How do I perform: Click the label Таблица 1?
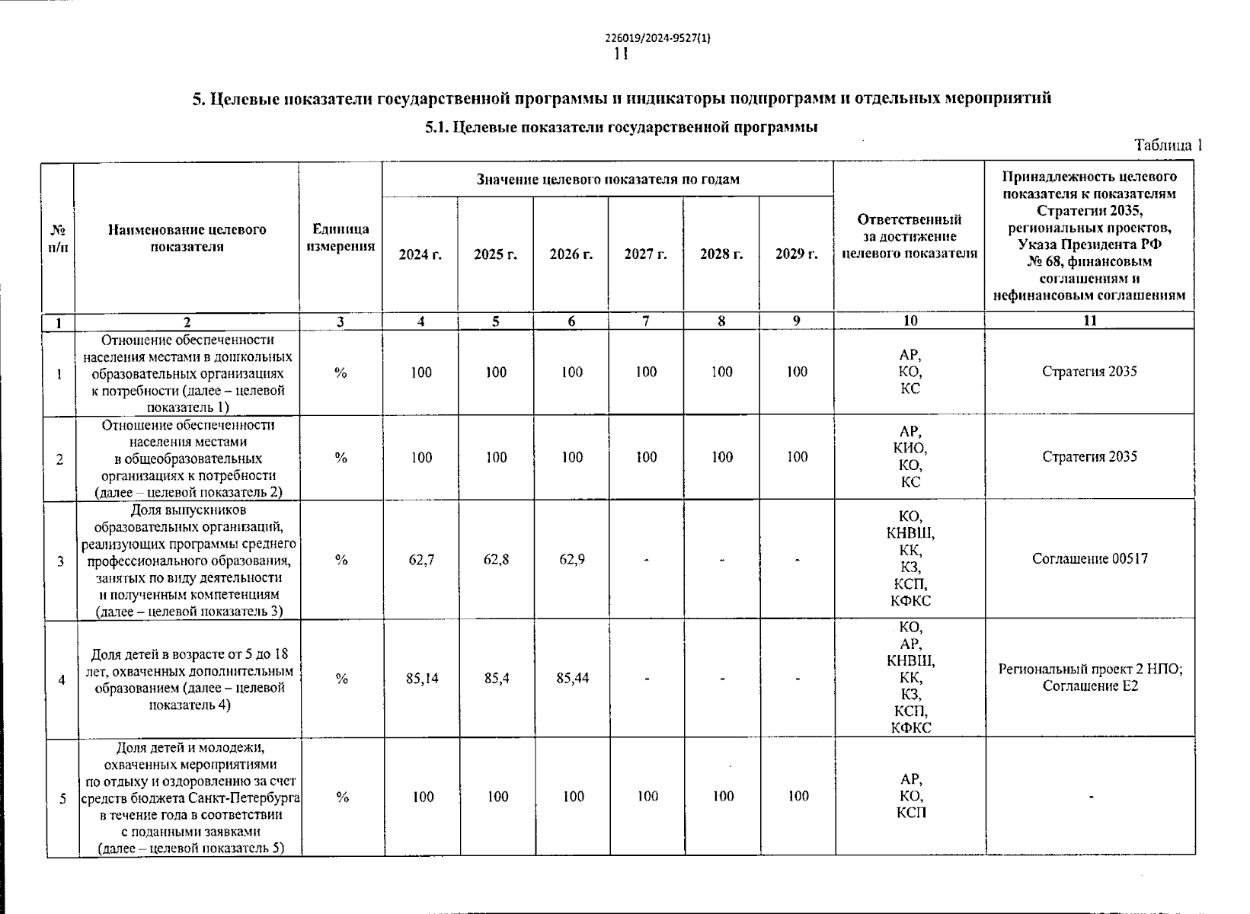click(x=1167, y=145)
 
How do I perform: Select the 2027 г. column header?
click(x=645, y=254)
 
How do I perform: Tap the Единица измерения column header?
click(x=340, y=238)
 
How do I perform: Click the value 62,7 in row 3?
click(x=421, y=560)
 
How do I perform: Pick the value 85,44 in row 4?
click(x=572, y=678)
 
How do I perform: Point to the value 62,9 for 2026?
click(x=572, y=560)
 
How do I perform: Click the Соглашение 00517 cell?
click(x=1089, y=559)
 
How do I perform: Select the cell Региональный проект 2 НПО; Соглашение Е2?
click(x=1090, y=678)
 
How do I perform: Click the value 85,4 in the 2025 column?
click(x=497, y=678)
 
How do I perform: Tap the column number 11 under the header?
click(x=1089, y=321)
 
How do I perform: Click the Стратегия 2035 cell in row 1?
click(x=1089, y=372)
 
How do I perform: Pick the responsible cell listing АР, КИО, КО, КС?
click(x=910, y=457)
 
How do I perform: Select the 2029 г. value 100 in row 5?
click(x=798, y=797)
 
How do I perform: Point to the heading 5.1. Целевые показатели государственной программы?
click(x=621, y=127)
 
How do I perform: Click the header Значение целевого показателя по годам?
click(x=608, y=180)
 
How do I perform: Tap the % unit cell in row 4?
click(x=341, y=678)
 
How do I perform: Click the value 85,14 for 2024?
click(x=421, y=678)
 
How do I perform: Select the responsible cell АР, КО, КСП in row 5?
click(x=911, y=796)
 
